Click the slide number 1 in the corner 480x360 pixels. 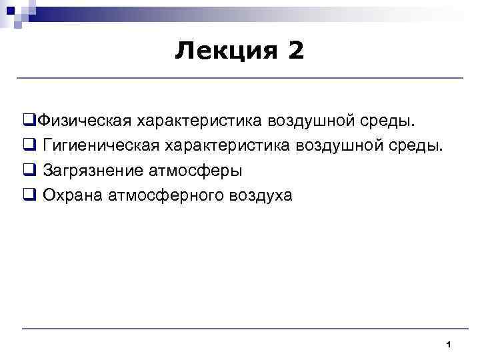pos(449,344)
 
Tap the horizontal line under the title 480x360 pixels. pos(240,79)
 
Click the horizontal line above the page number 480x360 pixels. pos(240,328)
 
